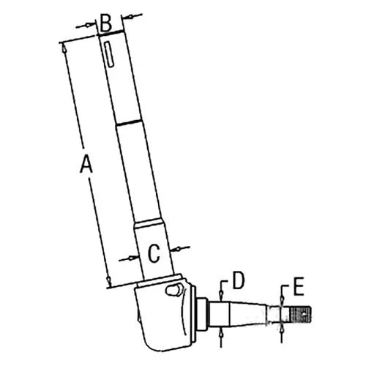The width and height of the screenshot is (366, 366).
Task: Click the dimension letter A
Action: coord(86,168)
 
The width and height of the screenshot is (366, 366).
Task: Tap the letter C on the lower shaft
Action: coord(153,253)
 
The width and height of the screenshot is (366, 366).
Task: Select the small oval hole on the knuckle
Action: coord(173,290)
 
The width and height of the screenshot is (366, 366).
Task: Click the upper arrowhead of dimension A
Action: coord(64,45)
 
